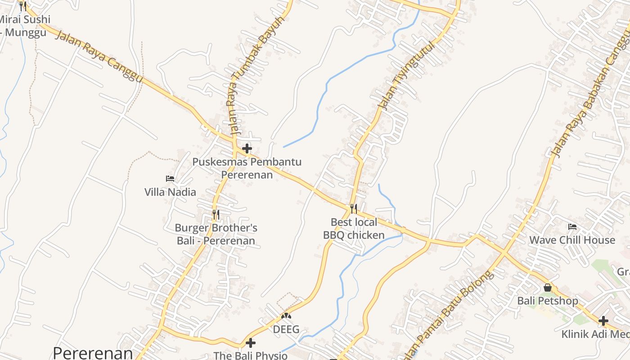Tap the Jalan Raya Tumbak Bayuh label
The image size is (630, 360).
[256, 76]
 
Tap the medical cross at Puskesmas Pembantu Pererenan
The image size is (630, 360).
[247, 148]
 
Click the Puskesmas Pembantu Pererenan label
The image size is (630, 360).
[247, 168]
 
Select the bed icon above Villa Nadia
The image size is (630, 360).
[170, 179]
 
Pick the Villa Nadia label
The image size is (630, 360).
[170, 192]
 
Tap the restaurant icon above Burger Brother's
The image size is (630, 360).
[216, 214]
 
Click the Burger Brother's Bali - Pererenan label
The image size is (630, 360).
[216, 234]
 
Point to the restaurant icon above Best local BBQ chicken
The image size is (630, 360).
[354, 208]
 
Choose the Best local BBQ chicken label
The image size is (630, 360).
[354, 229]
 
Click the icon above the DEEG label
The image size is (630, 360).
[286, 316]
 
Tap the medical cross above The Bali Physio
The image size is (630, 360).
[250, 343]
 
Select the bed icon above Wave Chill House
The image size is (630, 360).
[572, 226]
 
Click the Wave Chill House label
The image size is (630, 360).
[572, 240]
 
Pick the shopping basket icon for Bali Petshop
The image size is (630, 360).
[548, 287]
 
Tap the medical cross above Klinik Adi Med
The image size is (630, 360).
[603, 321]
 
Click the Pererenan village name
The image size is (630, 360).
[93, 352]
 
